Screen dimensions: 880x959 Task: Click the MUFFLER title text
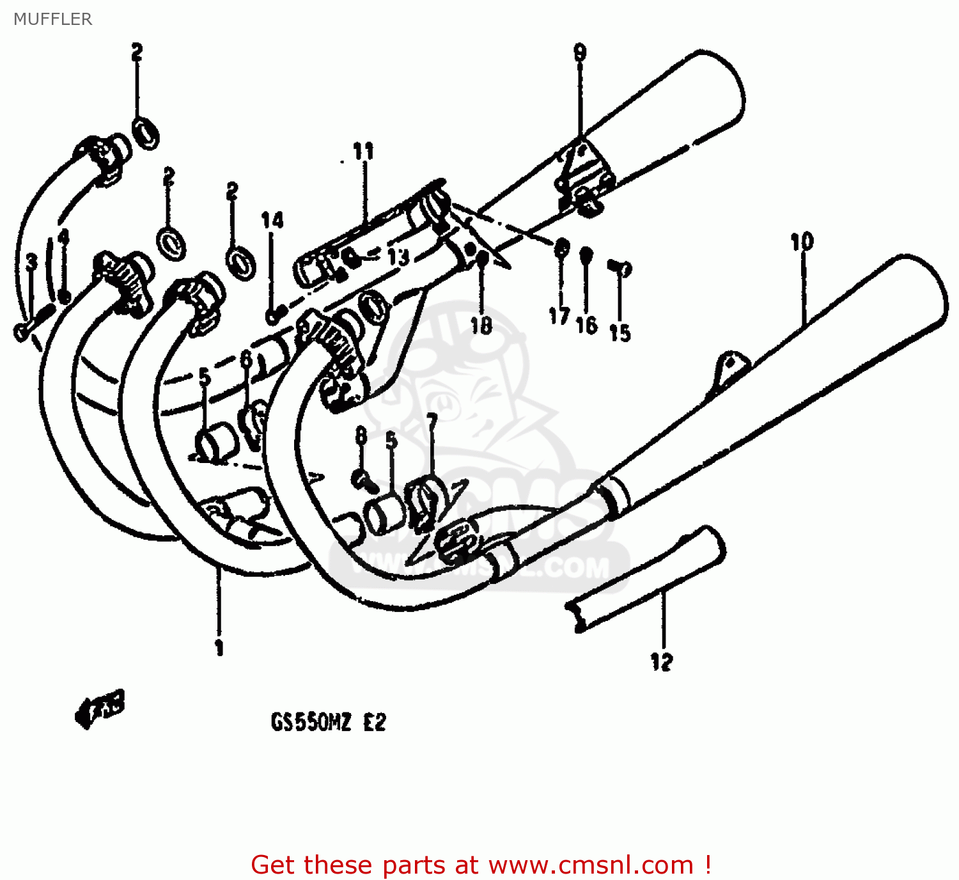(52, 19)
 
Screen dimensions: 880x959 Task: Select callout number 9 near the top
(579, 52)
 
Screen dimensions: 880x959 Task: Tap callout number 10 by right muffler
(802, 242)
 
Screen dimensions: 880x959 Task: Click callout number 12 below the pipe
(662, 662)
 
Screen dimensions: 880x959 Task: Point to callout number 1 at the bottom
(219, 647)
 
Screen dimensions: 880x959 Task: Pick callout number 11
(363, 152)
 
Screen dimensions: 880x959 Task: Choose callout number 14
(272, 221)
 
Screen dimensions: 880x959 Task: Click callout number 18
(481, 326)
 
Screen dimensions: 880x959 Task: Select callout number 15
(620, 333)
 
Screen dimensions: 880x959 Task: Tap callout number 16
(586, 326)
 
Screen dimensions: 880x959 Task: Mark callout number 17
(559, 315)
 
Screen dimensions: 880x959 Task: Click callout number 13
(398, 257)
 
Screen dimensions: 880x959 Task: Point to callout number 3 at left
(31, 261)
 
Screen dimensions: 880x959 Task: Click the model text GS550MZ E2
(329, 723)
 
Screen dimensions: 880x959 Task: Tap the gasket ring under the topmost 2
(146, 132)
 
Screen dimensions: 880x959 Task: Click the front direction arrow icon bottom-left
(99, 708)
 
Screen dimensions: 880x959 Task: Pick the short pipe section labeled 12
(646, 579)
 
